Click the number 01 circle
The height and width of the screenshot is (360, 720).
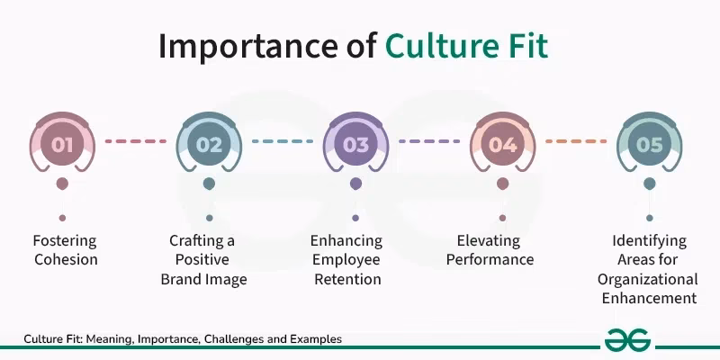pos(62,143)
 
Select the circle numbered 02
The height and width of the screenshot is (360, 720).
pos(209,143)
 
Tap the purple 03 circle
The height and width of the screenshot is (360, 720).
pos(355,143)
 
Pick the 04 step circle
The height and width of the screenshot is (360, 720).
pos(502,143)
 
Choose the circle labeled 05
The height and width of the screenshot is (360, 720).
pos(649,143)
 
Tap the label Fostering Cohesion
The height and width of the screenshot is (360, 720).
pos(64,250)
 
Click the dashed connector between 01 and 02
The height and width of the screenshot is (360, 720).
pos(135,141)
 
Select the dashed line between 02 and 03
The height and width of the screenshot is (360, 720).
pos(282,141)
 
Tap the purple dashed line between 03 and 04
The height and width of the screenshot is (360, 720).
pos(428,141)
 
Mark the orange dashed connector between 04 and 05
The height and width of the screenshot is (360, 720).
pos(576,141)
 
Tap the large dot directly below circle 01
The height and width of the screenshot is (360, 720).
pos(62,184)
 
